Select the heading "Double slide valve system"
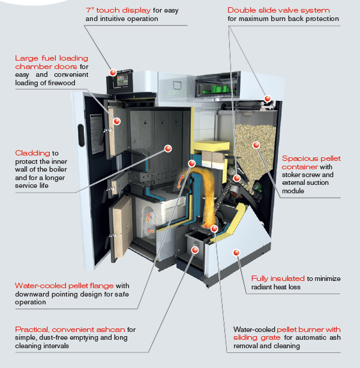[x=278, y=10]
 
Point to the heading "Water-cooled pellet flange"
[x=63, y=286]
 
